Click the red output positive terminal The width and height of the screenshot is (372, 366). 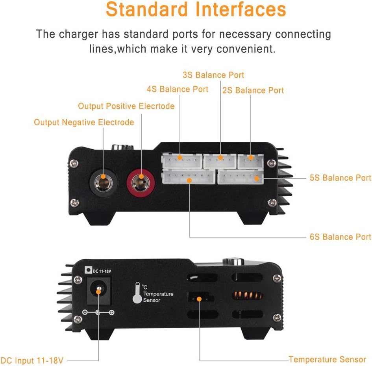pyautogui.click(x=141, y=183)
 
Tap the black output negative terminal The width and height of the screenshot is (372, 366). pyautogui.click(x=104, y=183)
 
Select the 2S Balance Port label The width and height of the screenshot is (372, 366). pyautogui.click(x=253, y=90)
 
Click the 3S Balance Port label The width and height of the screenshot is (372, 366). pyautogui.click(x=213, y=75)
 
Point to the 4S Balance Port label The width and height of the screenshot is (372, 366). pyautogui.click(x=178, y=89)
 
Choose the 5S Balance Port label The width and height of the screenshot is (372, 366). pyautogui.click(x=341, y=178)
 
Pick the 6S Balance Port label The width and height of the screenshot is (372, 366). pyautogui.click(x=341, y=237)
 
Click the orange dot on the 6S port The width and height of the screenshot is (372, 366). pyautogui.click(x=189, y=180)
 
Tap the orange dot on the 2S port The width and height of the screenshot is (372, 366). pyautogui.click(x=250, y=158)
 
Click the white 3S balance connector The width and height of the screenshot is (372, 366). pyautogui.click(x=220, y=161)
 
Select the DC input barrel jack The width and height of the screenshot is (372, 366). pyautogui.click(x=99, y=291)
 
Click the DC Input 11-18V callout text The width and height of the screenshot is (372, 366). pyautogui.click(x=32, y=360)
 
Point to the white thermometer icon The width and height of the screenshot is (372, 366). pyautogui.click(x=137, y=293)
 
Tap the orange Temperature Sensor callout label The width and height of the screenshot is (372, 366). pyautogui.click(x=328, y=359)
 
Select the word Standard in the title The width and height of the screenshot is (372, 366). pyautogui.click(x=146, y=9)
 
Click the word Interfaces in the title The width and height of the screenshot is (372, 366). pyautogui.click(x=241, y=9)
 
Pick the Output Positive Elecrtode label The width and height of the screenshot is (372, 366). pyautogui.click(x=126, y=106)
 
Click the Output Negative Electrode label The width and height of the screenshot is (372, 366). pyautogui.click(x=84, y=122)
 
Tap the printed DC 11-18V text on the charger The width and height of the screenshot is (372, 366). pyautogui.click(x=102, y=271)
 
